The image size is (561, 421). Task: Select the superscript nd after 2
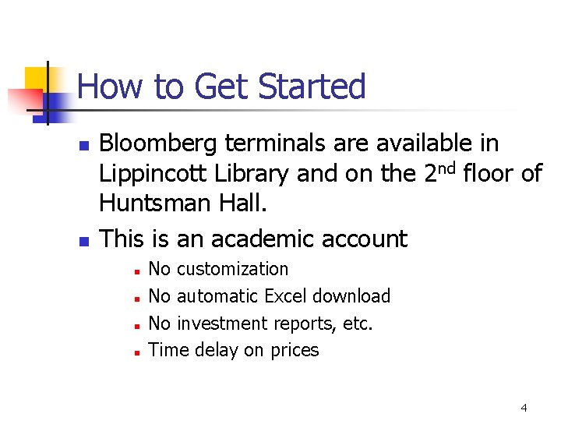(447, 168)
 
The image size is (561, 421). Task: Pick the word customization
(233, 269)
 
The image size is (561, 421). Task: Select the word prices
(295, 351)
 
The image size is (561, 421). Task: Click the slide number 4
(524, 408)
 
